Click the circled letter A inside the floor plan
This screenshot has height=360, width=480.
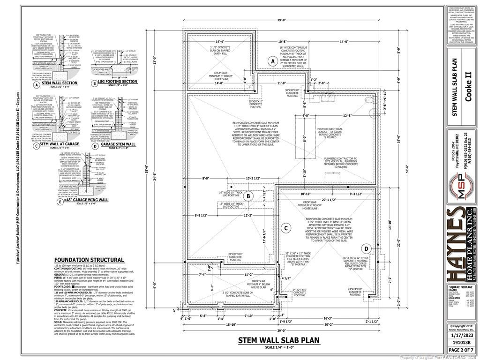click(x=272, y=61)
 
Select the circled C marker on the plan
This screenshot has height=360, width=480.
click(x=285, y=228)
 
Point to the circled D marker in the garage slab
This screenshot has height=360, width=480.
click(x=367, y=248)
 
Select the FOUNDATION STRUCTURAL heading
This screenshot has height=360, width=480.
click(x=89, y=260)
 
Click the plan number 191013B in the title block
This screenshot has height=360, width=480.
click(x=460, y=343)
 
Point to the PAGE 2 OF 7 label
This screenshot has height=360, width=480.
click(x=460, y=350)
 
